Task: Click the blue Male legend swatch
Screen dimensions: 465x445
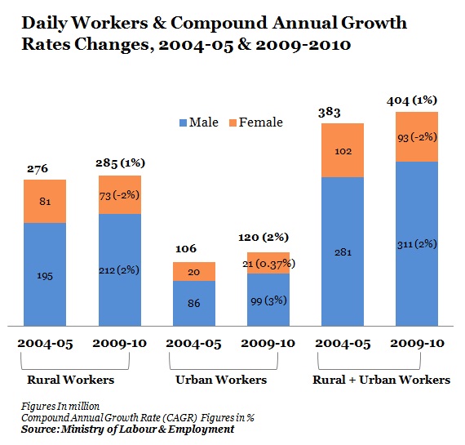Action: point(183,123)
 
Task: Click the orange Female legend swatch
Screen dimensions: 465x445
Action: point(232,123)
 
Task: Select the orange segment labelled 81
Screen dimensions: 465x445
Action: point(45,202)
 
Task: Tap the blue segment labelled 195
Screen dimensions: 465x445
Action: point(45,274)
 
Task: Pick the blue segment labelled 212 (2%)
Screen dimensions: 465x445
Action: point(120,269)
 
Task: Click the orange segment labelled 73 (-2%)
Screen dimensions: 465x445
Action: point(120,195)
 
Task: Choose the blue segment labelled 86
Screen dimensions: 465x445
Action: point(194,303)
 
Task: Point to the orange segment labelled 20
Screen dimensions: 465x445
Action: point(194,271)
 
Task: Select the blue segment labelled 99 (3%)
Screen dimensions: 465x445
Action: point(268,300)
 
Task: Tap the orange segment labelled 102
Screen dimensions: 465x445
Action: point(343,150)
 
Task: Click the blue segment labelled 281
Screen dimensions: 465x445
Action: point(343,251)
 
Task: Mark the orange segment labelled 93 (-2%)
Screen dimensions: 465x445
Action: point(417,137)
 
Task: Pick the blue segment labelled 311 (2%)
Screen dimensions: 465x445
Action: point(417,243)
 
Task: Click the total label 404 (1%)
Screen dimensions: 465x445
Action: point(412,100)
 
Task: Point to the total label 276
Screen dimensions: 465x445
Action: point(38,169)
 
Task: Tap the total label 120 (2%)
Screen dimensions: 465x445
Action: point(263,237)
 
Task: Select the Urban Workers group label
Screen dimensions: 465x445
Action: point(221,380)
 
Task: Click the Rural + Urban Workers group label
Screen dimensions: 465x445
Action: point(381,380)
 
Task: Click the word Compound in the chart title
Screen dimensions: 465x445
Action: point(219,24)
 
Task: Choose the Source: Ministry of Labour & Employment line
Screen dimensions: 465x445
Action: point(127,429)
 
